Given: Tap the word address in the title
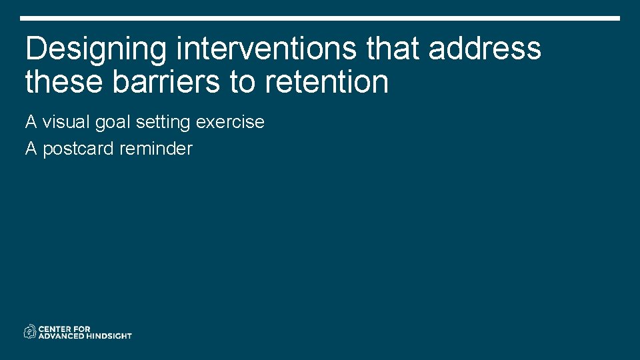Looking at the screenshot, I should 485,49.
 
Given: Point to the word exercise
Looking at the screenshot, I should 230,123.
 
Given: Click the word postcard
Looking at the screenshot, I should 79,149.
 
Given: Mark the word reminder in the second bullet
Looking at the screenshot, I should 155,149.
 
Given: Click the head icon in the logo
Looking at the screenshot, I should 30,331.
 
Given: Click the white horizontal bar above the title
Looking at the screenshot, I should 320,18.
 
